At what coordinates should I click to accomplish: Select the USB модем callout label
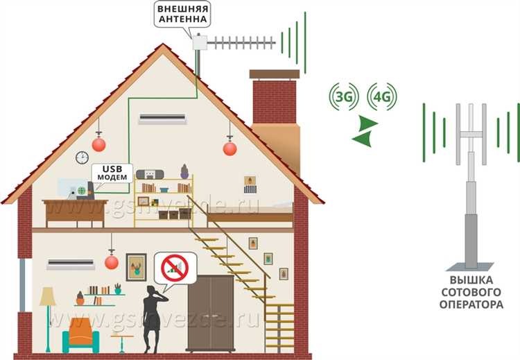[111, 173]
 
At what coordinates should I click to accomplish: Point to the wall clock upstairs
[82, 157]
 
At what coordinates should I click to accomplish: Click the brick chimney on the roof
[273, 97]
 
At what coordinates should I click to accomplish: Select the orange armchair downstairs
[81, 337]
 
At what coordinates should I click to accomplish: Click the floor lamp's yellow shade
[47, 297]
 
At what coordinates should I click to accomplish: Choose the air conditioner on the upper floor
[163, 119]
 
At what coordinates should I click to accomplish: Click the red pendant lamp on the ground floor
[111, 262]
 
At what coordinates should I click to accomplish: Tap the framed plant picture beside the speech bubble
[136, 267]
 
